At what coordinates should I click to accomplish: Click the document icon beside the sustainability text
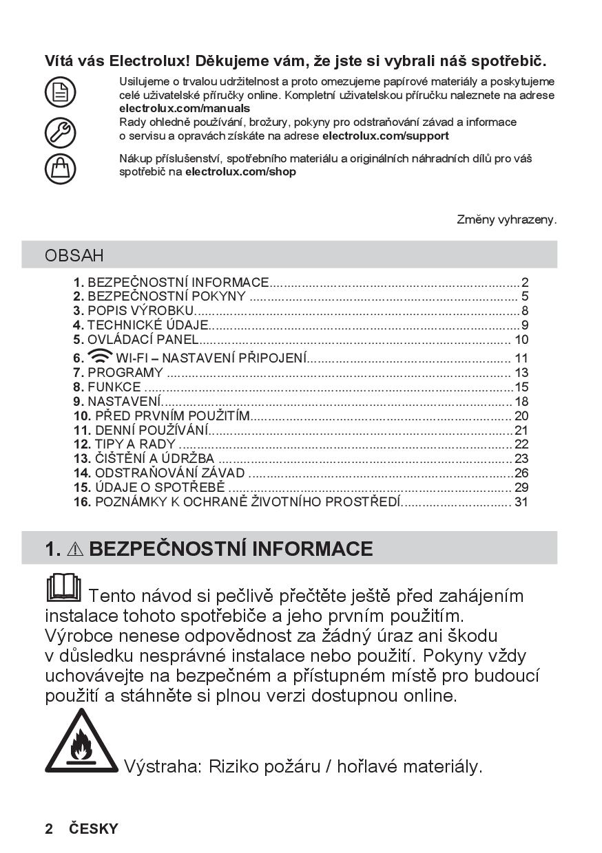(60, 92)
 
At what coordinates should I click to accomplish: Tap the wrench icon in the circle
(60, 131)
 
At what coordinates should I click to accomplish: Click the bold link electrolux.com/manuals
(185, 109)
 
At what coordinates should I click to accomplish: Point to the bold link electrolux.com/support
(386, 136)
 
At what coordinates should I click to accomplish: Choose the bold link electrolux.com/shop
(240, 172)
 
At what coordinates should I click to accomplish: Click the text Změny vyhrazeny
(506, 219)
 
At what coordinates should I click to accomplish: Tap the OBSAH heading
(74, 255)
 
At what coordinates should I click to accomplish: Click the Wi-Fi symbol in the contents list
(99, 356)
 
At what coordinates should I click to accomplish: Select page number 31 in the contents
(521, 502)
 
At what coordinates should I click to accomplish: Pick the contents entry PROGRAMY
(125, 373)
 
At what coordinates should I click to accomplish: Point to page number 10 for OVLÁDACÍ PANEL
(521, 340)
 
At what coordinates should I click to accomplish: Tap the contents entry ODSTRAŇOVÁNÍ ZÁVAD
(169, 473)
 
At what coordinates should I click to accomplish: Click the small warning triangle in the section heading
(76, 549)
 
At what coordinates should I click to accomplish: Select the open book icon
(63, 587)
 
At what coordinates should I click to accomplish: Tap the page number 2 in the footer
(49, 829)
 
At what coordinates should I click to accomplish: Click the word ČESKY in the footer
(94, 829)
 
